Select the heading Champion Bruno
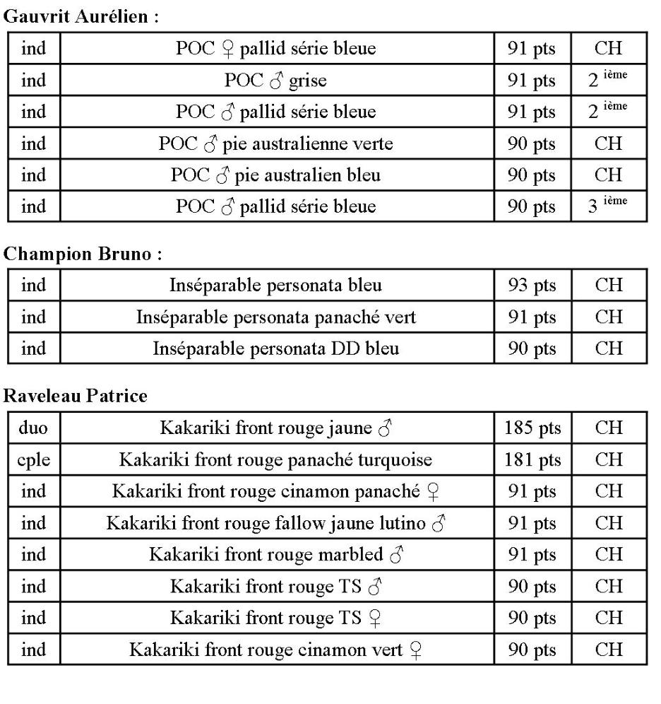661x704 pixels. tap(83, 255)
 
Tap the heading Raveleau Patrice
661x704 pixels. tap(76, 397)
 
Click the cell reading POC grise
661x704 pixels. tap(276, 81)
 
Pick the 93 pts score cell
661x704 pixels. tap(532, 286)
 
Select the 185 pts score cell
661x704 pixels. tap(532, 428)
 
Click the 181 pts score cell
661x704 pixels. tap(532, 459)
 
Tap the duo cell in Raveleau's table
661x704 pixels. tap(33, 428)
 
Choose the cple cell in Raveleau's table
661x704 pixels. tap(33, 459)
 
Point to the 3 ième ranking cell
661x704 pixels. tap(608, 206)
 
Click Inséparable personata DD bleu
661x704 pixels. tap(276, 348)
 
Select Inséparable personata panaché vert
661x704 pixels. tap(276, 317)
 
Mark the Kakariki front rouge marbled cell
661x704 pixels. tap(276, 555)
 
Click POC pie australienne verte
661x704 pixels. tap(276, 144)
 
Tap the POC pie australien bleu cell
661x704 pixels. tap(276, 175)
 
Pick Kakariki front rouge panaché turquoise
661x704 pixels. tap(276, 459)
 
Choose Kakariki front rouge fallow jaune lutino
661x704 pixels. tap(276, 524)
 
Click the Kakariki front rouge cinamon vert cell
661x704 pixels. tap(276, 650)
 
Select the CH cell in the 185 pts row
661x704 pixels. tap(608, 428)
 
